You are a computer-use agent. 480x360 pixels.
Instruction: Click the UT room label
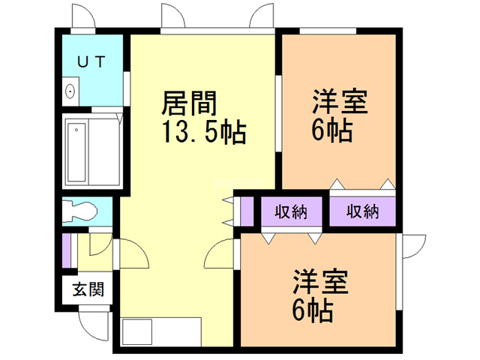pyautogui.click(x=91, y=61)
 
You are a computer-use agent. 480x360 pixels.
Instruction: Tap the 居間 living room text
pyautogui.click(x=189, y=103)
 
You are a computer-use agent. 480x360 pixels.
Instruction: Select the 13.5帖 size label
pyautogui.click(x=204, y=132)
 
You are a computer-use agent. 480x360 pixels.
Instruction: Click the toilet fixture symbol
pyautogui.click(x=79, y=211)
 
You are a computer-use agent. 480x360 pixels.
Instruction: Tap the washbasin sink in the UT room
pyautogui.click(x=70, y=91)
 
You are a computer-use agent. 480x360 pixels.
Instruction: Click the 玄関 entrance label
pyautogui.click(x=88, y=289)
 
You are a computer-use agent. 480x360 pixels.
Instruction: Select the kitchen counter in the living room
pyautogui.click(x=161, y=331)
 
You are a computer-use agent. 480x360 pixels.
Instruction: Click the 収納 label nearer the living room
pyautogui.click(x=291, y=211)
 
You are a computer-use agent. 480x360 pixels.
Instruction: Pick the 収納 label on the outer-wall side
pyautogui.click(x=362, y=211)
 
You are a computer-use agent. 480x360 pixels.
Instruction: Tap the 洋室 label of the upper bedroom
pyautogui.click(x=340, y=102)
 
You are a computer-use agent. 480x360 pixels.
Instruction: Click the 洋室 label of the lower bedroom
pyautogui.click(x=320, y=282)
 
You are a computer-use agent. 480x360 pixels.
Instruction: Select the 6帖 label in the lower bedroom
pyautogui.click(x=313, y=310)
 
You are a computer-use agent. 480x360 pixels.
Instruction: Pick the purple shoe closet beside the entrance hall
pyautogui.click(x=67, y=250)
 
